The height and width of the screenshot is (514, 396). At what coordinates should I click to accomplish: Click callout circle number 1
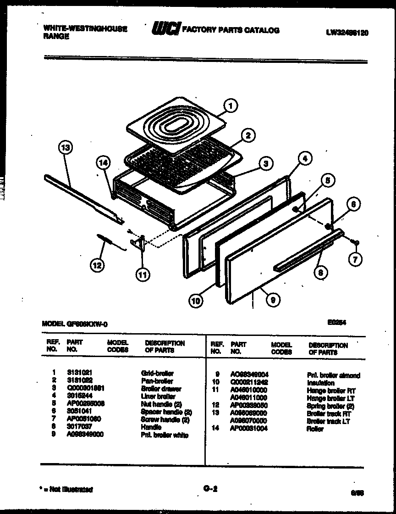pos(231,106)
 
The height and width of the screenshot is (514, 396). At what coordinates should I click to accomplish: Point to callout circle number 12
pos(97,264)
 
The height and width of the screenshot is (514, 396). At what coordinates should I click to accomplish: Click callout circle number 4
pos(305,158)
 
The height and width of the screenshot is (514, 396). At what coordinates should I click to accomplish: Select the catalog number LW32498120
pos(347,33)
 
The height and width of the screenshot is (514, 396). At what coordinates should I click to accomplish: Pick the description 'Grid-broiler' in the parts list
pos(158,373)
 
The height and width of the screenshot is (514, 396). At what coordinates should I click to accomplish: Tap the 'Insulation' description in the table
pos(320,383)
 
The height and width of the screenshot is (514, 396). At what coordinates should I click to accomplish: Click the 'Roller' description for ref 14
pos(315,429)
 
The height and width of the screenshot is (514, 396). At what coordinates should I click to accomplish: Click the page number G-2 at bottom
pos(210,489)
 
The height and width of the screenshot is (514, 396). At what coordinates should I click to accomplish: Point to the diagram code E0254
pos(336,323)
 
